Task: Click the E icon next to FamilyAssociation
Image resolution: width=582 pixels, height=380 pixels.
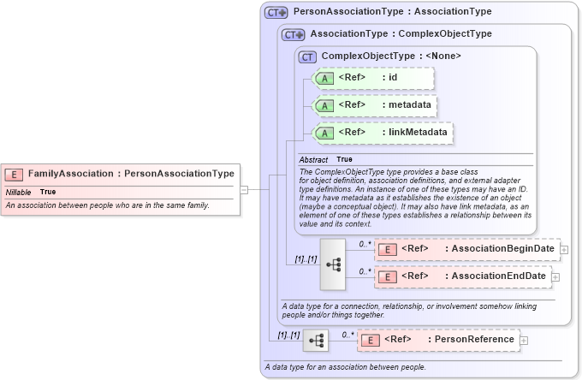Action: coord(15,174)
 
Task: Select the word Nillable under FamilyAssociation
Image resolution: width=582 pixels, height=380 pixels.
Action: coord(18,192)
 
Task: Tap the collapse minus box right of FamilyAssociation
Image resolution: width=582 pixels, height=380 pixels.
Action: coord(244,189)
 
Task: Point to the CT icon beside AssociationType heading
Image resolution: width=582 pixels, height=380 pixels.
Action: coord(294,35)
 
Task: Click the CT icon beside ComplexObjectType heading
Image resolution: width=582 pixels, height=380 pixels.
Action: coord(308,56)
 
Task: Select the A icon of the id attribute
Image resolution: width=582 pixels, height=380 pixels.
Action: coord(324,78)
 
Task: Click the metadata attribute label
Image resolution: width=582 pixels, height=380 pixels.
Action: coord(407,105)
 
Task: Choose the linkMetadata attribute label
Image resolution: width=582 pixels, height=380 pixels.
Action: coord(415,133)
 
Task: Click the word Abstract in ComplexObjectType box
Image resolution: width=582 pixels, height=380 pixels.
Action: coord(313,159)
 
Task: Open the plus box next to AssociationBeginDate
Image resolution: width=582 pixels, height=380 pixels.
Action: coord(564,249)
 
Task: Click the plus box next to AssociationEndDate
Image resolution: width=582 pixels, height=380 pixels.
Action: coord(555,276)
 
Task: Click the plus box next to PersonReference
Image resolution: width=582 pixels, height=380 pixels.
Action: coord(524,340)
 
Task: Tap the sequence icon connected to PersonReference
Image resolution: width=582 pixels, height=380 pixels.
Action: coord(316,340)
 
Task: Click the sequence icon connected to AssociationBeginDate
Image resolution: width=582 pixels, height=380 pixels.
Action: coord(333,264)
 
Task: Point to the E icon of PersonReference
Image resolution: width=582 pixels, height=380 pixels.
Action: coord(370,340)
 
